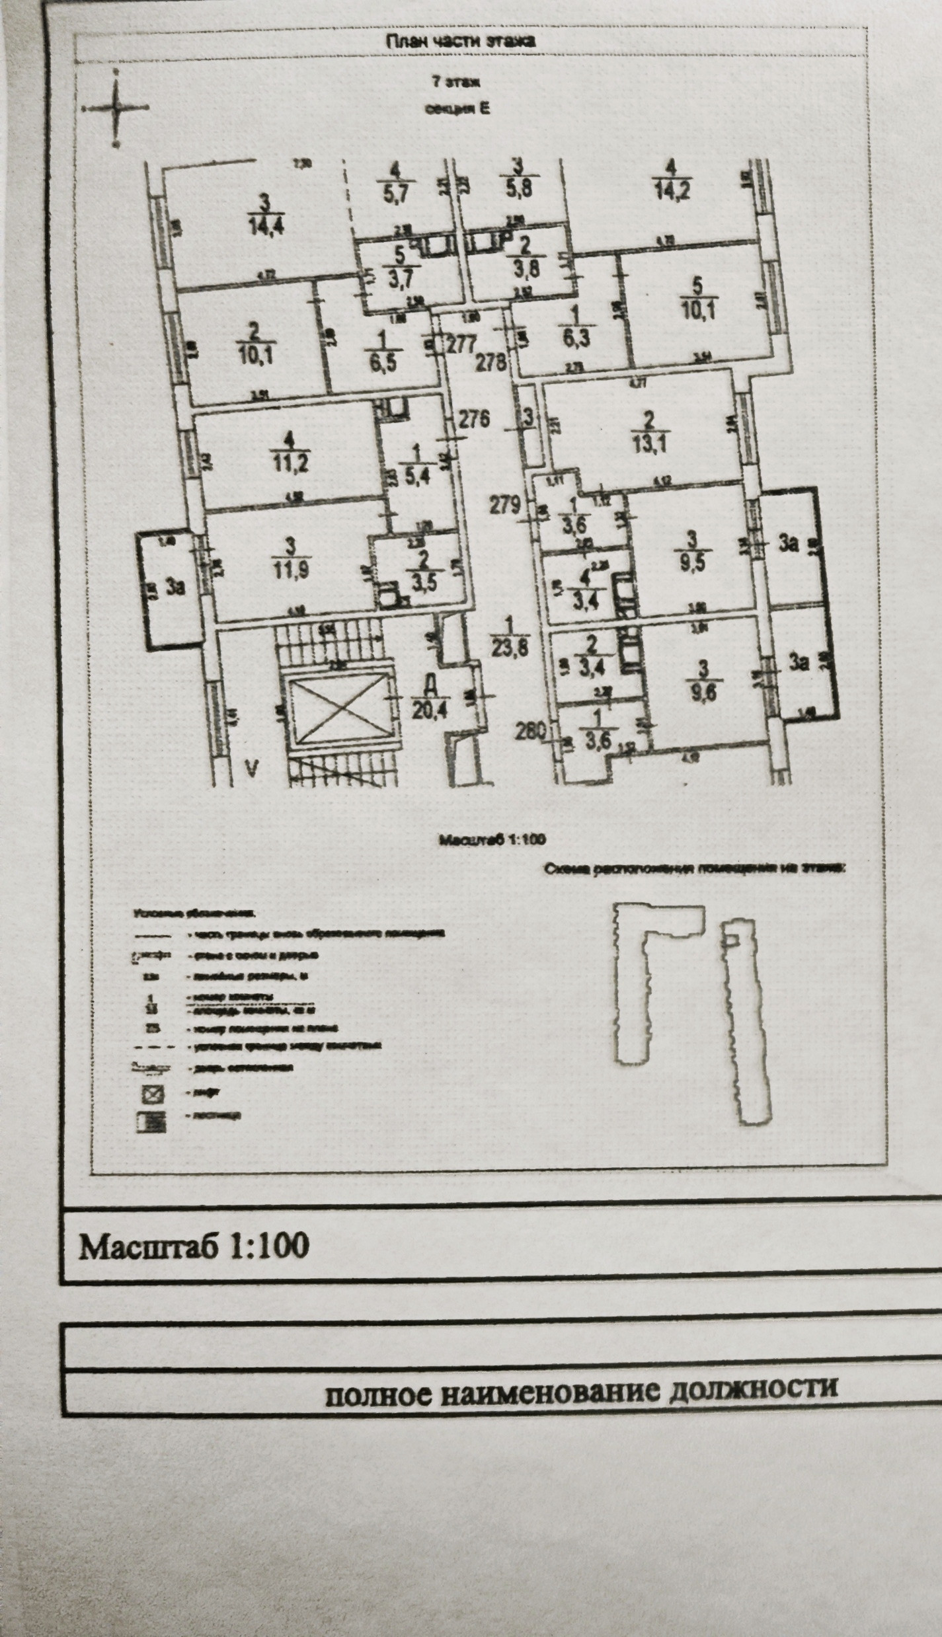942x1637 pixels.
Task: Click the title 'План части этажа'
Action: tap(460, 40)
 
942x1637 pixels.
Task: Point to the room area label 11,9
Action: tap(292, 566)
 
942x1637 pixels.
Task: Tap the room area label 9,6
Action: tap(703, 693)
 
